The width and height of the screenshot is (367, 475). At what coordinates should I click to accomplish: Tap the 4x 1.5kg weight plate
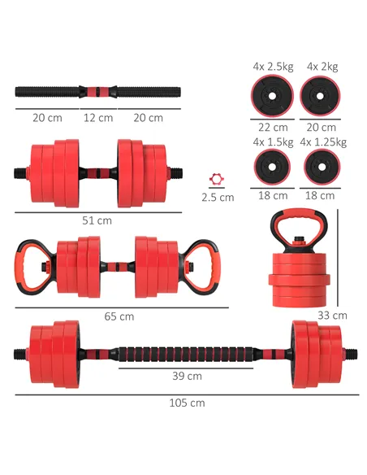pyautogui.click(x=273, y=168)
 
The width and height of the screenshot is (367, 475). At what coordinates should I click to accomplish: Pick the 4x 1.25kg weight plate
pyautogui.click(x=322, y=168)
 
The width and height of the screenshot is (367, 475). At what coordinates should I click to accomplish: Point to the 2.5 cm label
pyautogui.click(x=217, y=197)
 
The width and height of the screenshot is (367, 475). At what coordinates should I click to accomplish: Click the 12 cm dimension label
pyautogui.click(x=98, y=118)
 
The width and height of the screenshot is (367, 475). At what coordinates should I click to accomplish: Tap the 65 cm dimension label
pyautogui.click(x=119, y=316)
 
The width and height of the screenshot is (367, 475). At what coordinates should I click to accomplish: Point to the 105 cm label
pyautogui.click(x=188, y=403)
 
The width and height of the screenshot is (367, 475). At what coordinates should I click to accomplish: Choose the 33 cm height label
pyautogui.click(x=333, y=316)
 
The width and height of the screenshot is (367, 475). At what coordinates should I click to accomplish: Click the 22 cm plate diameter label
pyautogui.click(x=273, y=127)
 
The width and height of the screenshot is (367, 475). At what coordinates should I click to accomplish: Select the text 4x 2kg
pyautogui.click(x=322, y=66)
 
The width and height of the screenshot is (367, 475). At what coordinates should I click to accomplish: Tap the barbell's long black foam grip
pyautogui.click(x=187, y=355)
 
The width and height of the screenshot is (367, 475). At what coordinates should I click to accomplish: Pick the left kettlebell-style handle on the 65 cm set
pyautogui.click(x=32, y=265)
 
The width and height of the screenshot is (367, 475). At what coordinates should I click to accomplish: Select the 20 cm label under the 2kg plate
pyautogui.click(x=322, y=127)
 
